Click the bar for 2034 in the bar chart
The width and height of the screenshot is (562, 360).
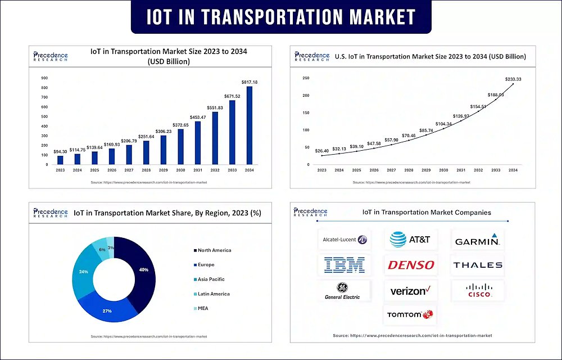[249, 125]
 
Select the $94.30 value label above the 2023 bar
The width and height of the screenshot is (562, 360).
[61, 151]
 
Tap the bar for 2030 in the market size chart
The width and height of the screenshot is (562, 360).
[180, 147]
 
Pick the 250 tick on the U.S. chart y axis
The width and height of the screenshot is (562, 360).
[306, 78]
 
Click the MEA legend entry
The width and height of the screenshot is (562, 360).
[205, 308]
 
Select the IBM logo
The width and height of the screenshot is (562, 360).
[345, 264]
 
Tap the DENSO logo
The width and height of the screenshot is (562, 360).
[410, 265]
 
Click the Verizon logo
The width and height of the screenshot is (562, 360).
[410, 291]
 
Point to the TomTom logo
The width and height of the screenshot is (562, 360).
[410, 315]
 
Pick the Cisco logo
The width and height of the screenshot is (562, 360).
[479, 290]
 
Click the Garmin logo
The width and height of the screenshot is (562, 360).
[478, 240]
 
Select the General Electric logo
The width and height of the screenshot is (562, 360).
[342, 290]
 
